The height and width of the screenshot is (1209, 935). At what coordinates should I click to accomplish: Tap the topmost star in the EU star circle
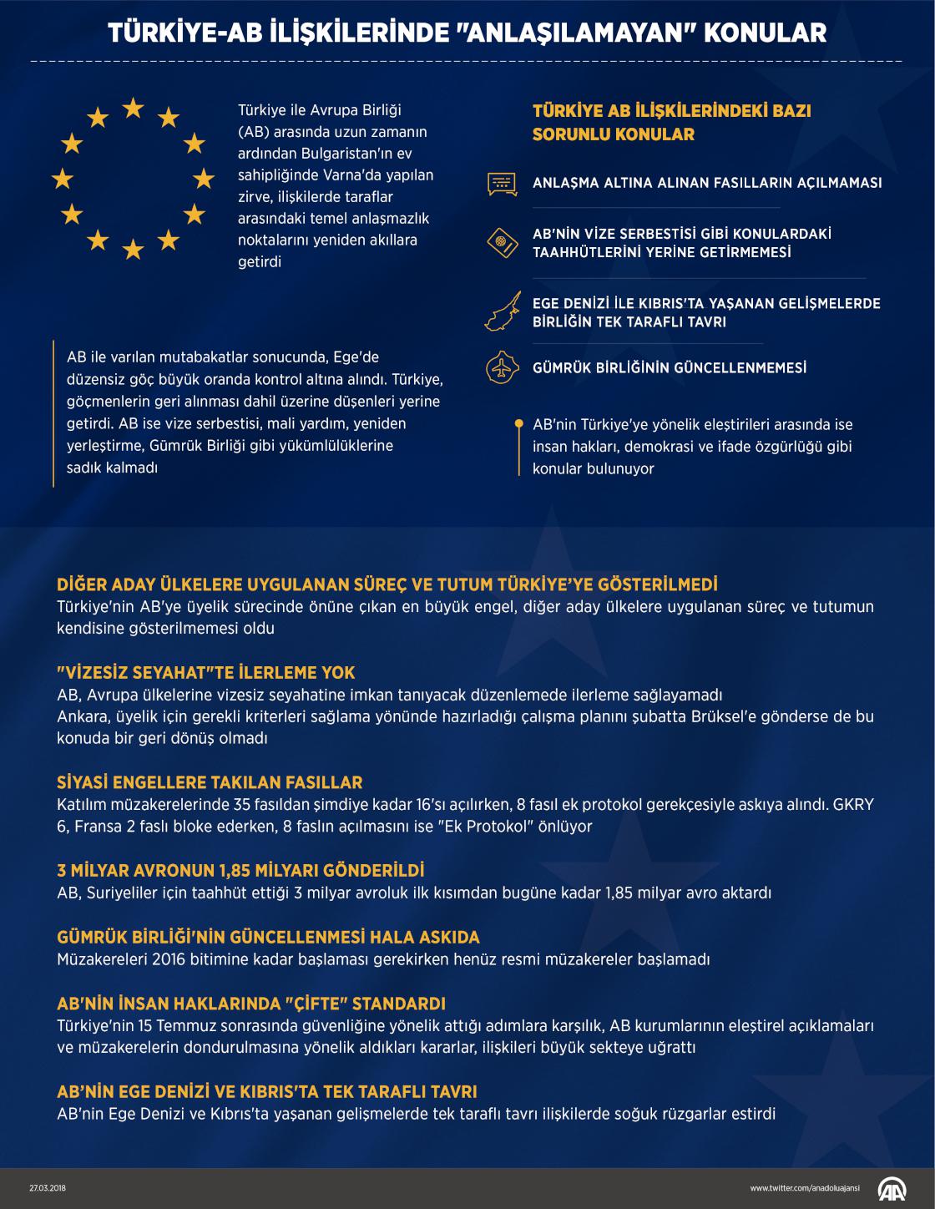[134, 108]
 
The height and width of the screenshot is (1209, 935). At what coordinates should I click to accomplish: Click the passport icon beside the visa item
[503, 243]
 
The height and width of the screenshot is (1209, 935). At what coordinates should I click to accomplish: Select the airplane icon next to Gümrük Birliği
[502, 367]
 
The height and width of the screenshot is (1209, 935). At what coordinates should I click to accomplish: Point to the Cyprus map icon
[503, 312]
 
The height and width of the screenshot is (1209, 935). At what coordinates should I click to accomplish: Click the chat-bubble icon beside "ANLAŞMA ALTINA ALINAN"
[502, 183]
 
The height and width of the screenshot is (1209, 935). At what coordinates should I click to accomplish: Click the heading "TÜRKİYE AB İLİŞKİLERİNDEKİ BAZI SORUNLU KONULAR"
[671, 122]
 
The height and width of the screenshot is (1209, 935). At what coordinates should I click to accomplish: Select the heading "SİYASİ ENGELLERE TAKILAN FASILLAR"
[210, 782]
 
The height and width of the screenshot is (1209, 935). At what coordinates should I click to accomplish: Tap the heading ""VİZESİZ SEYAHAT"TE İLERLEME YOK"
[206, 672]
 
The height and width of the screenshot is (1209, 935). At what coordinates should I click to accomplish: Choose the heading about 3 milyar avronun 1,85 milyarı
[240, 870]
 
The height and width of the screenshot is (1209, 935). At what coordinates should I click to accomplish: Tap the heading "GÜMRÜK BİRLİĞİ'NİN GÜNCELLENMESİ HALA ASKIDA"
[268, 937]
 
